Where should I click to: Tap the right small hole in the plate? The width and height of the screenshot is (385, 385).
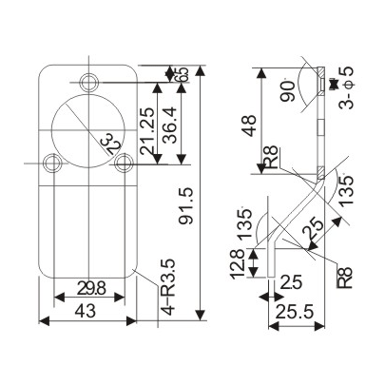pos(123,163)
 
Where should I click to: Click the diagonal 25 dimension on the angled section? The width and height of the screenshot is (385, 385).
pos(312,230)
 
